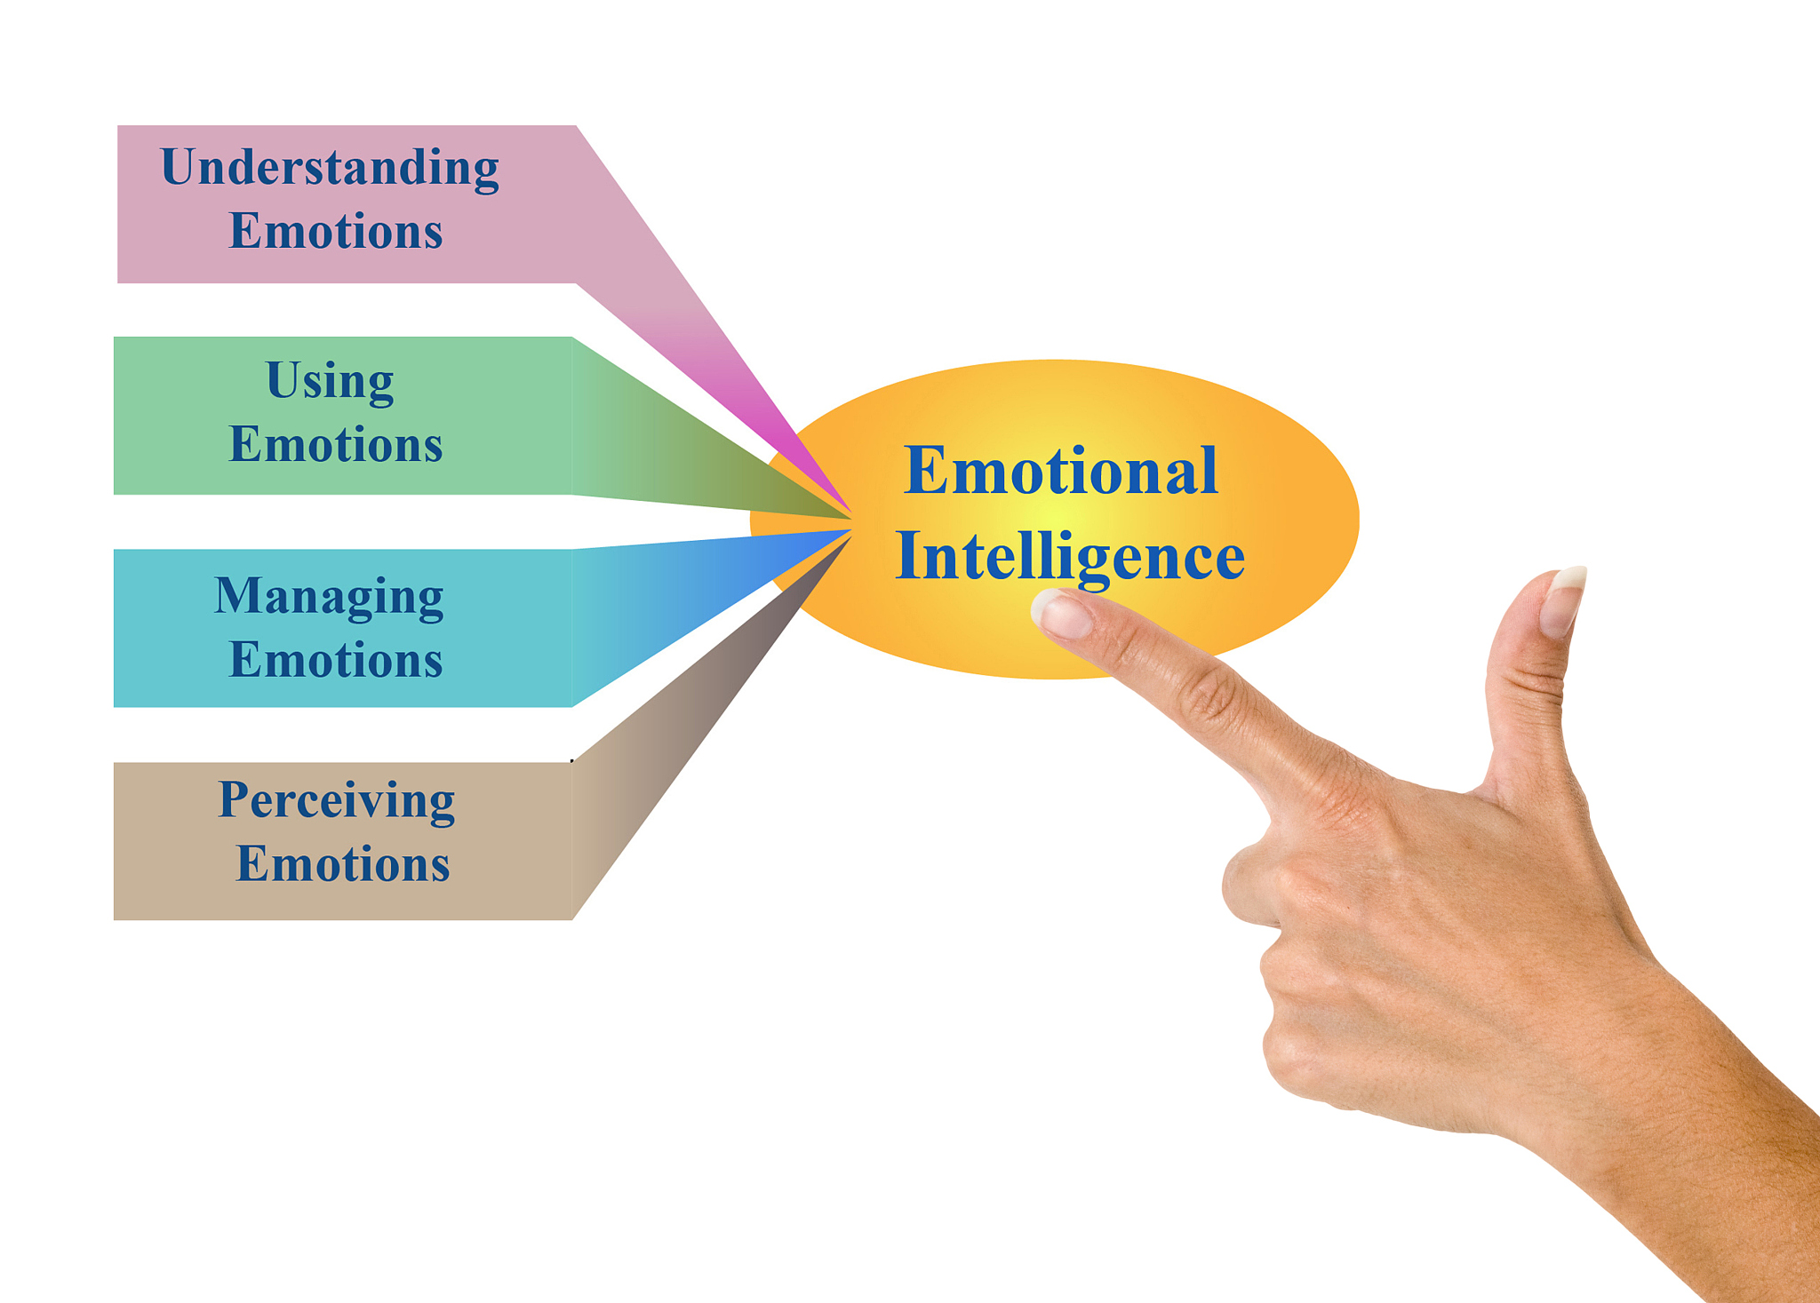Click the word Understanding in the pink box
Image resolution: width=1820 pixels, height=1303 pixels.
point(330,168)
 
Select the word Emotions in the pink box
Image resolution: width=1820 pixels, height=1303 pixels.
point(336,231)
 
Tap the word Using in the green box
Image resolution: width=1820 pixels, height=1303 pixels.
point(330,381)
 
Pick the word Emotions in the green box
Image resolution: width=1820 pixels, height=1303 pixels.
point(336,444)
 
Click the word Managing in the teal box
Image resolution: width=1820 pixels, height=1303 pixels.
point(329,597)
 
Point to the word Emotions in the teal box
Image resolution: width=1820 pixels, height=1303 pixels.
point(336,660)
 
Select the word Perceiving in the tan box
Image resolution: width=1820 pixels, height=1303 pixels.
point(337,801)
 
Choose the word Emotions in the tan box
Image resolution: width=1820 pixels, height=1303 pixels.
point(343,864)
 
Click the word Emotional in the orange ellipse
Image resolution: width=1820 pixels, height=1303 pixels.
point(1060,471)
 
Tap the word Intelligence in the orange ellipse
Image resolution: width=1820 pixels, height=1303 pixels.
point(1070,557)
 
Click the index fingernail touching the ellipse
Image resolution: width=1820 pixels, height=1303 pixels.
point(1063,614)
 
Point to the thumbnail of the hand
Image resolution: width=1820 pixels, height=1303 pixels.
point(1563,600)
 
